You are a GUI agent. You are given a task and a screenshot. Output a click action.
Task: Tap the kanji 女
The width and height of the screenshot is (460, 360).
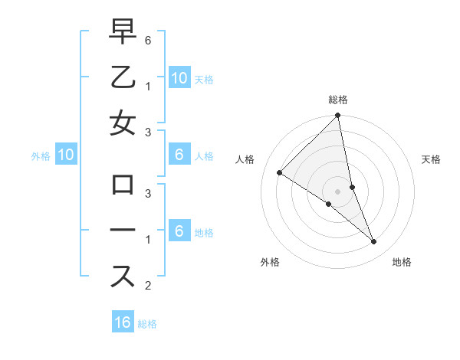(123, 123)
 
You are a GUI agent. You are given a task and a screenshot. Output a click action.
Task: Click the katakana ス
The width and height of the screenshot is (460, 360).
(123, 276)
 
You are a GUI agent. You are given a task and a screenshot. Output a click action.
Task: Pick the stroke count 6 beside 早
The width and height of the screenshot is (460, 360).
(149, 39)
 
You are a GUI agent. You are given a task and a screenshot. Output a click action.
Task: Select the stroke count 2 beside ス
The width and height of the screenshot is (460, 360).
(149, 286)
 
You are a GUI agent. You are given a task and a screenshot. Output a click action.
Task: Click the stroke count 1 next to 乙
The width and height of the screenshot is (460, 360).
(149, 85)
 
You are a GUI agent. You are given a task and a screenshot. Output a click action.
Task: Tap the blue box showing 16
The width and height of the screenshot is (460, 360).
(123, 322)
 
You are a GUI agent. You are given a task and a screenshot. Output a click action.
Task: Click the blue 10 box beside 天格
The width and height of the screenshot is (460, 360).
(179, 77)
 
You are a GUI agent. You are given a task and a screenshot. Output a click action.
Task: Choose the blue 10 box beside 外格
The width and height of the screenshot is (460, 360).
(65, 155)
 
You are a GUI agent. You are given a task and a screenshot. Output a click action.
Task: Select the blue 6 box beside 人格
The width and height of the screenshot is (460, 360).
(179, 155)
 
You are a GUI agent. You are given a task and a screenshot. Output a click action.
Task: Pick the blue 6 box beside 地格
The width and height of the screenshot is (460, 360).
(179, 231)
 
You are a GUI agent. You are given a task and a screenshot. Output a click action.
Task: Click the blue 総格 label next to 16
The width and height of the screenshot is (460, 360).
(147, 324)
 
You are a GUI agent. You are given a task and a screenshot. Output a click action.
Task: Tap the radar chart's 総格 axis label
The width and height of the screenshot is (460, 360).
(338, 100)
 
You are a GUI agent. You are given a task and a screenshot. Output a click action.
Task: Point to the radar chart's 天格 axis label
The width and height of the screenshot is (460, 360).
(432, 159)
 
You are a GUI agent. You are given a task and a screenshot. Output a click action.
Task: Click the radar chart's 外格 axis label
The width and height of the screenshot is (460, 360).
(270, 262)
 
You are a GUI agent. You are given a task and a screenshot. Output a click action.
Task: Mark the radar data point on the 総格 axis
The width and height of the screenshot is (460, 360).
(338, 116)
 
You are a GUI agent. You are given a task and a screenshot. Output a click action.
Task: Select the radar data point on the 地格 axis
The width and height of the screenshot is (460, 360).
(374, 242)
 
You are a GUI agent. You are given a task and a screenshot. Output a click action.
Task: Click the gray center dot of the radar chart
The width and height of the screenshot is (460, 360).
(338, 191)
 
